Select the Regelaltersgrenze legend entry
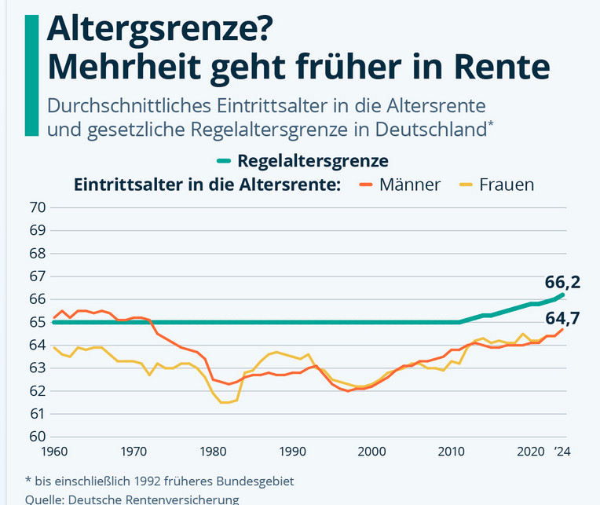[x=313, y=161]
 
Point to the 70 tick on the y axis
[x=36, y=207]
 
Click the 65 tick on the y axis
[x=36, y=322]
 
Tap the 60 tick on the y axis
[x=36, y=437]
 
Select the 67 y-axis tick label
[x=36, y=276]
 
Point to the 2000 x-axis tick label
[x=372, y=452]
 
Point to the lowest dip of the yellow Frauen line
[x=225, y=402]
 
